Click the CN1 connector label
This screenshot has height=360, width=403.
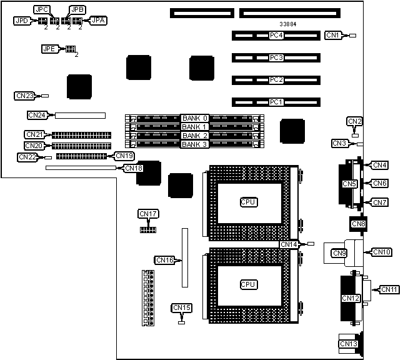[x=334, y=36]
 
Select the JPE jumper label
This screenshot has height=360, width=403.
[x=49, y=48]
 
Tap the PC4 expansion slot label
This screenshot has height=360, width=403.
[x=276, y=36]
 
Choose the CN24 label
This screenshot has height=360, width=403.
[x=37, y=115]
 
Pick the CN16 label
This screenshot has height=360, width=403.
[x=164, y=259]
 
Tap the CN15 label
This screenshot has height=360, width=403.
[x=182, y=307]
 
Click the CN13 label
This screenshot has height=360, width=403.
[x=348, y=343]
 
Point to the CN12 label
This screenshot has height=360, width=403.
[x=350, y=299]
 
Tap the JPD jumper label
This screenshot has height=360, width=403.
[x=22, y=21]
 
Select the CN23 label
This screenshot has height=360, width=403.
[x=24, y=96]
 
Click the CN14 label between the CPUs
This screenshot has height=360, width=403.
[x=289, y=244]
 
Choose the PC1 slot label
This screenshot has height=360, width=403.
[x=276, y=102]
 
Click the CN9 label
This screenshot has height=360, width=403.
[x=339, y=253]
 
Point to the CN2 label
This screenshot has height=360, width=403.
[x=354, y=121]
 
